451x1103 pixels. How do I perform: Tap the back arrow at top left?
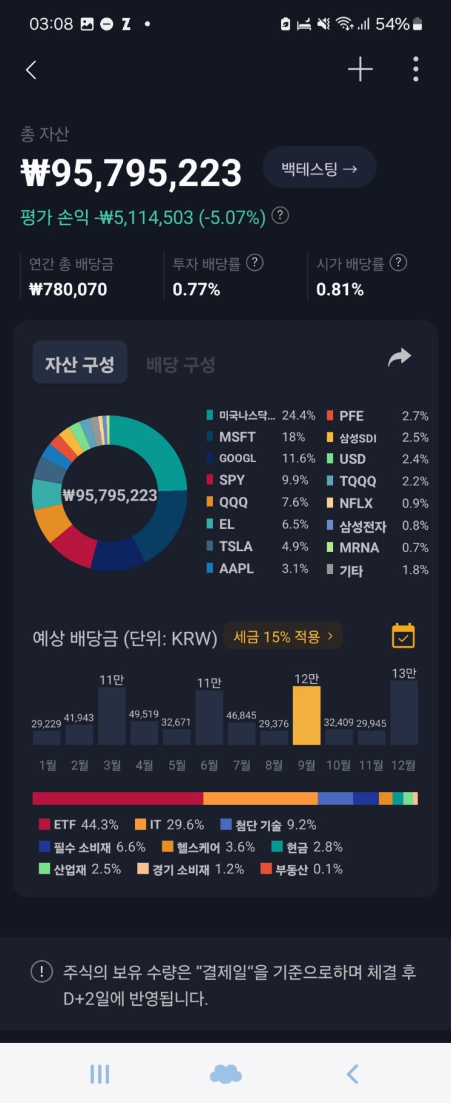[32, 70]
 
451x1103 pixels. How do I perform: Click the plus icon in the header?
[360, 69]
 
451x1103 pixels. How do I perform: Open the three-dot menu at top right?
[416, 69]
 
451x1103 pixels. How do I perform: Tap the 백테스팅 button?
[319, 168]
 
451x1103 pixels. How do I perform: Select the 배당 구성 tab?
[181, 364]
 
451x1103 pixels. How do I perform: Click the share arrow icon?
[399, 358]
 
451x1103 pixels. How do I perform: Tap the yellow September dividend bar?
[307, 715]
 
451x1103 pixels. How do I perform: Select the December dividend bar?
[404, 712]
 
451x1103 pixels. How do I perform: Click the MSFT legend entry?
[237, 437]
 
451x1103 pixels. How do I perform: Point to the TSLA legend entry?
[236, 547]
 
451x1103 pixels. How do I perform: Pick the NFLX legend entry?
[356, 504]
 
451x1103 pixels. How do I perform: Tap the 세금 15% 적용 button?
[283, 637]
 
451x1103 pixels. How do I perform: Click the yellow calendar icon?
[403, 636]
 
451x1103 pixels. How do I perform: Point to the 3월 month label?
[112, 765]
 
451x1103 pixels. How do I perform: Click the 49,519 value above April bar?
[144, 714]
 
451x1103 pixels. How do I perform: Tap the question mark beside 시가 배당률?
[398, 263]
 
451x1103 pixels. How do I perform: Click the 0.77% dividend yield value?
[196, 290]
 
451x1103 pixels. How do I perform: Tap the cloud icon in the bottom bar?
[225, 1074]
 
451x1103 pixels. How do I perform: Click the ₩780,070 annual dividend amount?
[68, 290]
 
